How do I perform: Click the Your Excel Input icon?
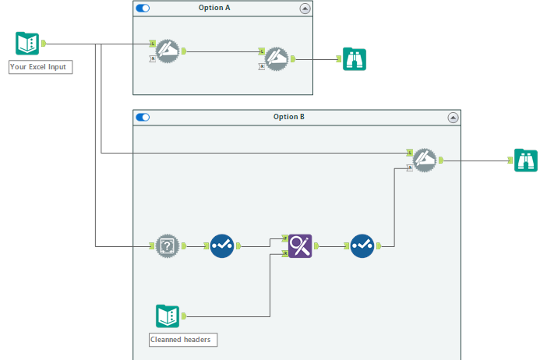click(x=27, y=44)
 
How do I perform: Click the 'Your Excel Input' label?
click(x=40, y=67)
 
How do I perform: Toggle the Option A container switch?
click(x=143, y=8)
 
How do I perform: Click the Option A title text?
click(x=222, y=8)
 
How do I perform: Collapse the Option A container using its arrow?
click(x=305, y=8)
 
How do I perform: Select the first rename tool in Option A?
click(x=168, y=51)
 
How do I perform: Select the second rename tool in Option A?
click(x=277, y=58)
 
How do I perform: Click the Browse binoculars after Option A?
click(x=355, y=58)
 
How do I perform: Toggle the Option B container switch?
click(x=143, y=117)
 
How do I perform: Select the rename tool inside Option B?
click(x=425, y=160)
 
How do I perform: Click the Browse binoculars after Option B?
click(x=525, y=160)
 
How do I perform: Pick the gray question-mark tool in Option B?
click(x=166, y=246)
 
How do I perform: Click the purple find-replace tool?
click(x=300, y=246)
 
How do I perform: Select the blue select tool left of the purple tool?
click(x=221, y=246)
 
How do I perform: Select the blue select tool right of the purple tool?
click(x=362, y=246)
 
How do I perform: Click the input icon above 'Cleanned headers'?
click(x=168, y=316)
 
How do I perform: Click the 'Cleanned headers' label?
click(x=182, y=340)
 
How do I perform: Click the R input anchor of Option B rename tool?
click(x=410, y=168)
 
